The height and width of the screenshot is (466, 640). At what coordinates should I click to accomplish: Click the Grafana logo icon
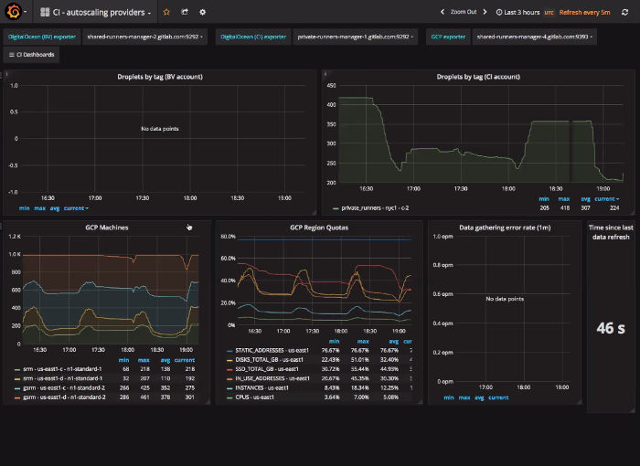pos(13,12)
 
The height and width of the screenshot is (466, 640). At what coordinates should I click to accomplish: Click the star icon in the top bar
pos(165,12)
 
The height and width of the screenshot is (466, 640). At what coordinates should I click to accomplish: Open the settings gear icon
pos(202,12)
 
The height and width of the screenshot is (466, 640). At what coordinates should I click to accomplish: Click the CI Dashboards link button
pos(33,55)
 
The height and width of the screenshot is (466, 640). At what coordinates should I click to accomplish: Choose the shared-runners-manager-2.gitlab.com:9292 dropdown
pos(144,37)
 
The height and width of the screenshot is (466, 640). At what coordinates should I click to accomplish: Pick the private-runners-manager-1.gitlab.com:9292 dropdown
pos(355,37)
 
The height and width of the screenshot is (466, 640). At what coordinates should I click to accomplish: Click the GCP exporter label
pos(448,37)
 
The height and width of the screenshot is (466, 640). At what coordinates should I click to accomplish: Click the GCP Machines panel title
pos(106,227)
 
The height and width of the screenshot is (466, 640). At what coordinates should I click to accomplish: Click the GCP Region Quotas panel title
pos(318,227)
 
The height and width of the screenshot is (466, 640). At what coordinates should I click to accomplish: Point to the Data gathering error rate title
pos(505,227)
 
